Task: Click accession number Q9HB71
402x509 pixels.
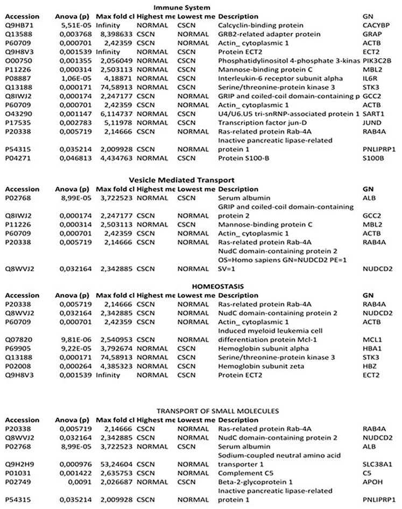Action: coord(20,25)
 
